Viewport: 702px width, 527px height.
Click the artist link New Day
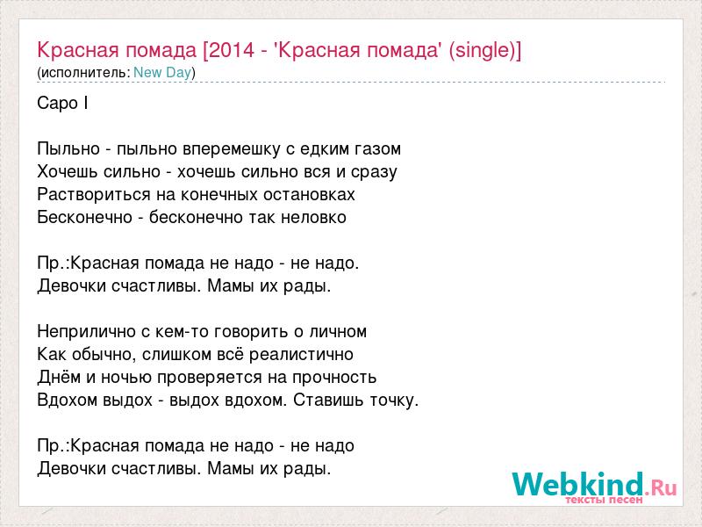(162, 72)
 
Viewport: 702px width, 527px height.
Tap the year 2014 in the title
(232, 50)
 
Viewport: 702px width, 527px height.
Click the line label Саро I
(62, 104)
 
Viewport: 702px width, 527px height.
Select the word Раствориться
(95, 195)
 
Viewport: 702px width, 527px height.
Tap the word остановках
(309, 195)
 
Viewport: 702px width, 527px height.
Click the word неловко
(313, 218)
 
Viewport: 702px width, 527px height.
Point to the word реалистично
(301, 355)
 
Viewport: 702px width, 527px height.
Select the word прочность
(334, 378)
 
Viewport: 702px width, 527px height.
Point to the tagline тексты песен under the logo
(604, 500)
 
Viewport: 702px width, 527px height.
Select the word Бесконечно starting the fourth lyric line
(84, 218)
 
